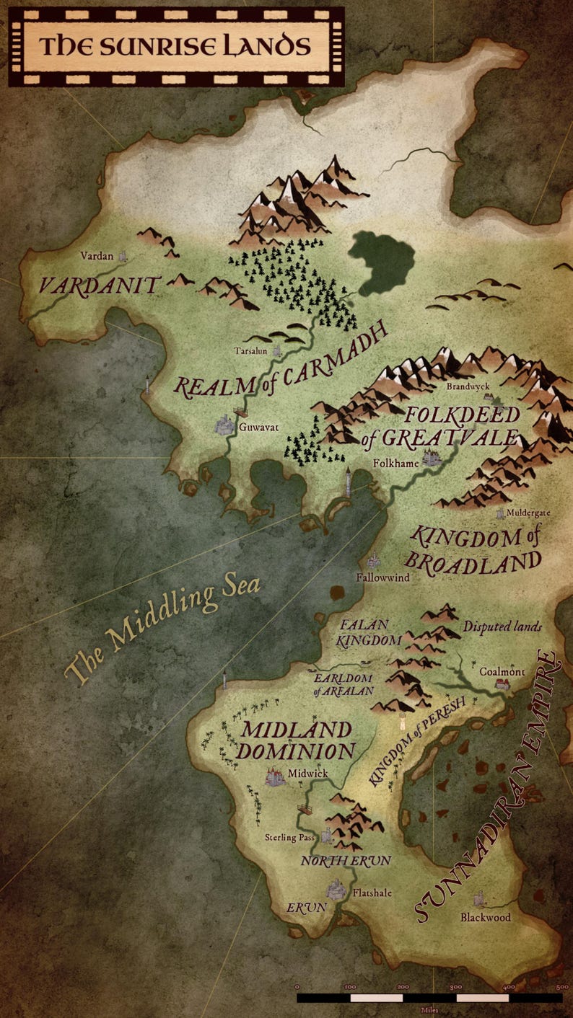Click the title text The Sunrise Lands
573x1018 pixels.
pyautogui.click(x=175, y=46)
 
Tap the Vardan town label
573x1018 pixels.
pyautogui.click(x=97, y=256)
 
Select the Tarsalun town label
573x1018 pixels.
pyautogui.click(x=250, y=351)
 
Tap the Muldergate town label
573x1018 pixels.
pyautogui.click(x=528, y=513)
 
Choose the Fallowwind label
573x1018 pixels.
pyautogui.click(x=382, y=577)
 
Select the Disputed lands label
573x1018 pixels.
pyautogui.click(x=502, y=627)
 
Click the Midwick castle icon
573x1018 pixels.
pyautogui.click(x=275, y=776)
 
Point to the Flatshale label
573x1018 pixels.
pyautogui.click(x=372, y=893)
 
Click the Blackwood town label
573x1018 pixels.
pyautogui.click(x=486, y=918)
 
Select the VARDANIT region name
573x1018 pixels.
pyautogui.click(x=99, y=286)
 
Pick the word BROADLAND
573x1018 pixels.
pyautogui.click(x=473, y=562)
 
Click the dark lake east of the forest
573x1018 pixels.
pyautogui.click(x=380, y=262)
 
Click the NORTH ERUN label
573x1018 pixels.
pyautogui.click(x=346, y=861)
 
